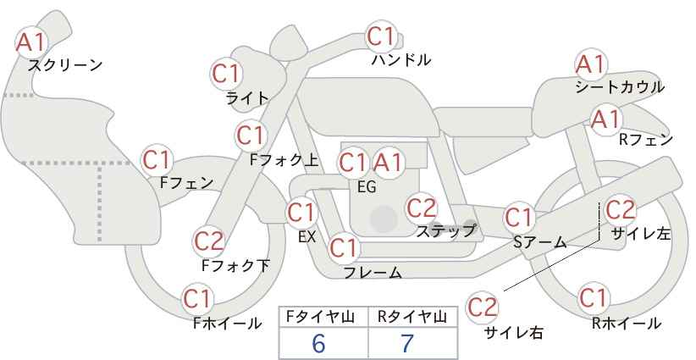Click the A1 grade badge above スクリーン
pyautogui.click(x=32, y=40)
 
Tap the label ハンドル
pyautogui.click(x=401, y=60)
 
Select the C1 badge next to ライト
pyautogui.click(x=226, y=74)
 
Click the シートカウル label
pyautogui.click(x=619, y=86)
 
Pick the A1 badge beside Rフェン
pyautogui.click(x=606, y=119)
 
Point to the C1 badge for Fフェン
pyautogui.click(x=157, y=159)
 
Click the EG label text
pyautogui.click(x=366, y=187)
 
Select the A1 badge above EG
pyautogui.click(x=389, y=162)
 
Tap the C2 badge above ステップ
pyautogui.click(x=421, y=207)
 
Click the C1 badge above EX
pyautogui.click(x=301, y=212)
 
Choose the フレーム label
pyautogui.click(x=373, y=273)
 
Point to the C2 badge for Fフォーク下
pyautogui.click(x=208, y=241)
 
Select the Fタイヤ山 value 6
pyautogui.click(x=318, y=343)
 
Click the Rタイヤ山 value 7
pyautogui.click(x=407, y=343)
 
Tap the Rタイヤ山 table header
pyautogui.click(x=412, y=318)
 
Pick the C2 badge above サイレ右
pyautogui.click(x=483, y=306)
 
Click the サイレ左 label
pyautogui.click(x=641, y=234)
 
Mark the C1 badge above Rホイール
pyautogui.click(x=594, y=298)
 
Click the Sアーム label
pyautogui.click(x=539, y=242)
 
